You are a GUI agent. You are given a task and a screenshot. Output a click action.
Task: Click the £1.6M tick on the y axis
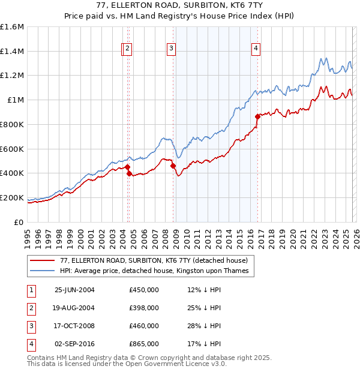[x=12, y=27]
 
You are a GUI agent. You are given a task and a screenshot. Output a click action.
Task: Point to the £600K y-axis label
[x=12, y=149]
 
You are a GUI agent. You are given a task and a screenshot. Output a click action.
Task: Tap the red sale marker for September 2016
[x=257, y=116]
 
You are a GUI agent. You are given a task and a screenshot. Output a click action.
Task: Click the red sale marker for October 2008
[x=173, y=166]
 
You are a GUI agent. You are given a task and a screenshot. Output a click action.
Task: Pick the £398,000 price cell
[x=144, y=308]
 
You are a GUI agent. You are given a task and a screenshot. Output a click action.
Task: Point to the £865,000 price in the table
[x=144, y=344]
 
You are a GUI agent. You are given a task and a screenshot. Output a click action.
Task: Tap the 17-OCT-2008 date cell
[x=74, y=326]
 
